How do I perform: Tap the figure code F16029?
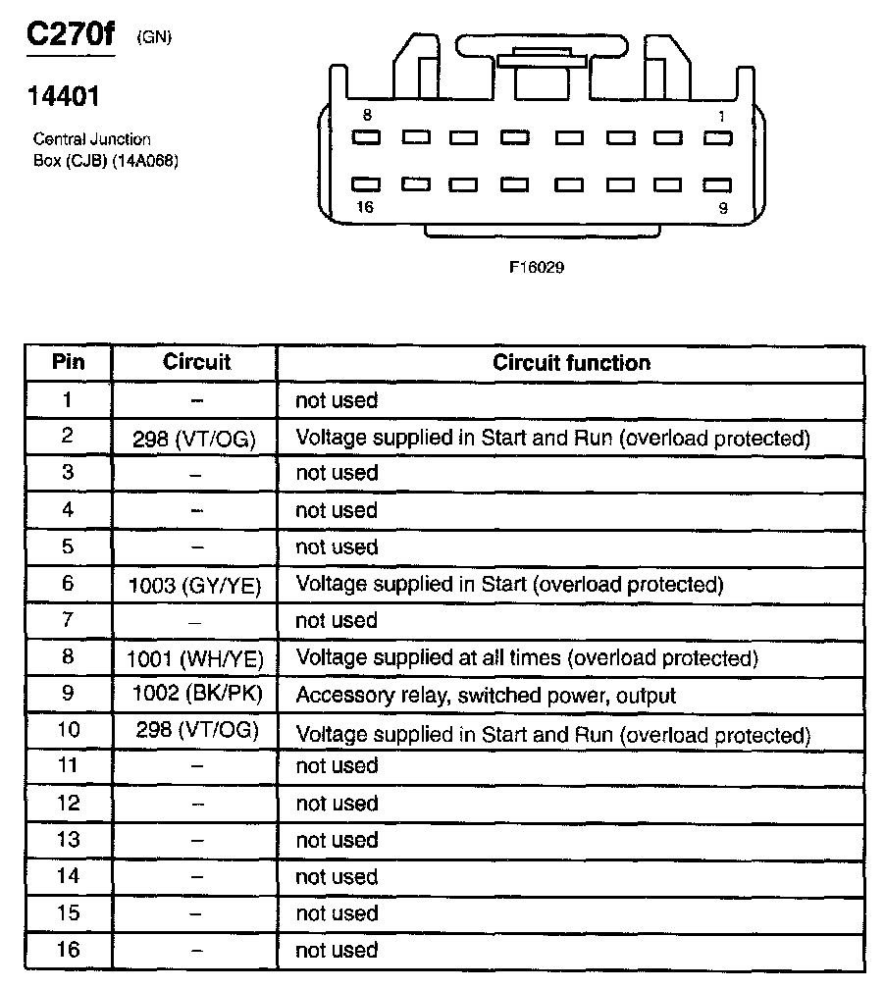[x=537, y=267]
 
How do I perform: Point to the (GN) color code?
[x=154, y=38]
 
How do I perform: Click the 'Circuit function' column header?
[x=571, y=363]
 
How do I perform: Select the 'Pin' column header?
[x=68, y=362]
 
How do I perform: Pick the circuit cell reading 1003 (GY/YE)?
[x=195, y=585]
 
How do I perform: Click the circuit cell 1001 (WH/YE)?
[x=195, y=658]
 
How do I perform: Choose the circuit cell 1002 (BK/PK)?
[x=195, y=696]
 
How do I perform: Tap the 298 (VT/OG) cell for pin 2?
[x=195, y=439]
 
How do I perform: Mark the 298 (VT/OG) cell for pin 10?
[x=195, y=732]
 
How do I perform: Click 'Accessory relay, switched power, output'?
[x=486, y=696]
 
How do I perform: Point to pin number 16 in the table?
[x=68, y=950]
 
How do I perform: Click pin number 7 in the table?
[x=68, y=621]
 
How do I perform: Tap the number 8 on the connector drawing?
[x=366, y=116]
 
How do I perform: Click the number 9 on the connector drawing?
[x=722, y=207]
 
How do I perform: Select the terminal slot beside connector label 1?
[x=718, y=138]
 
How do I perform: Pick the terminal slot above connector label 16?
[x=366, y=183]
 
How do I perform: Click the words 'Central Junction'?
[x=92, y=139]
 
